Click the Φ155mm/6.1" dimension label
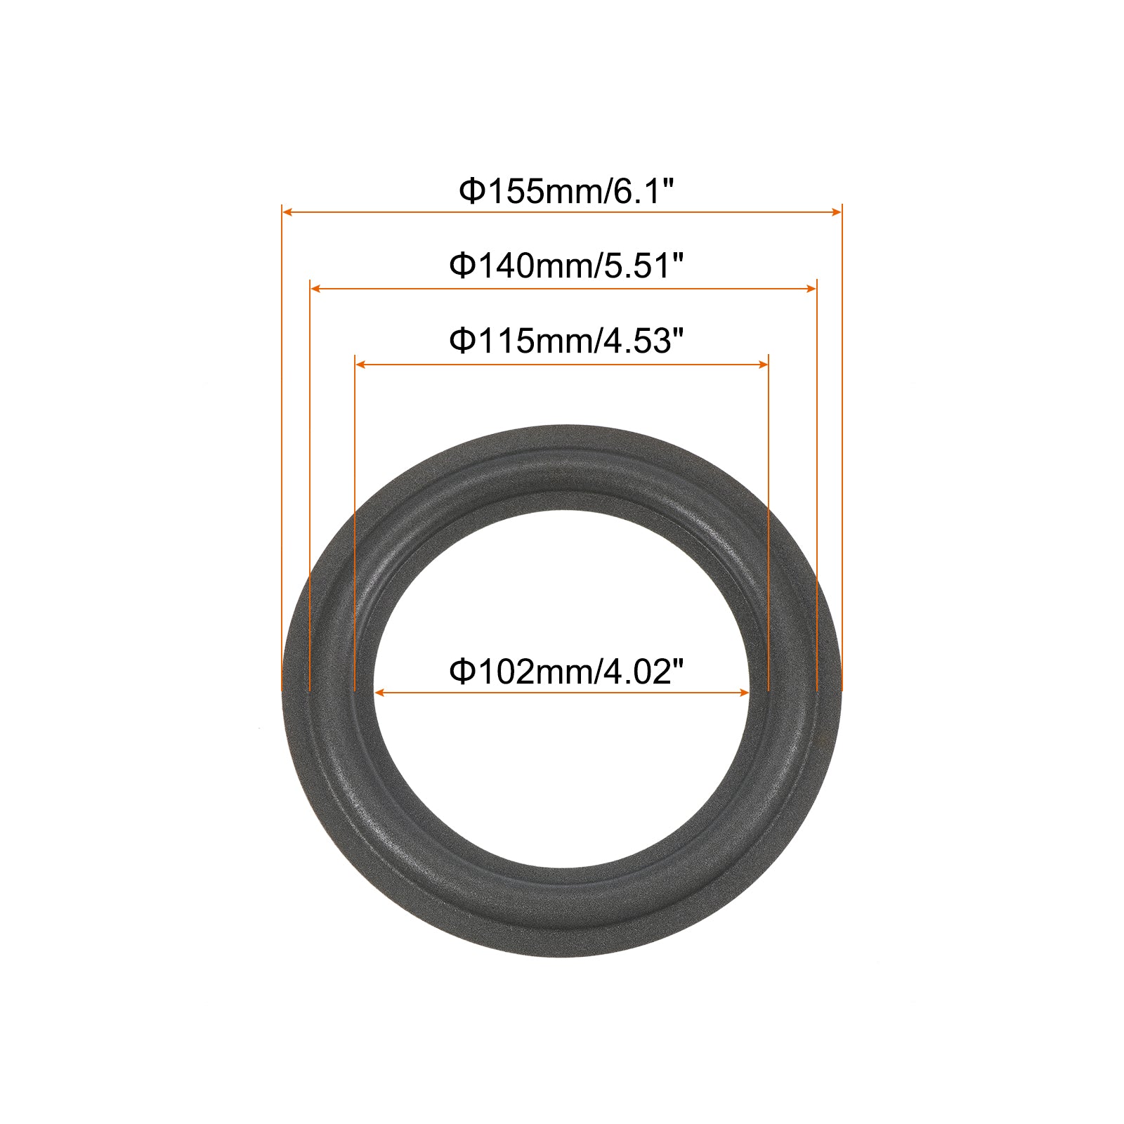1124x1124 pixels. pos(567,191)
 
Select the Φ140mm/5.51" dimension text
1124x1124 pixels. pos(567,266)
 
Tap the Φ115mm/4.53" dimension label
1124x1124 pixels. pos(567,341)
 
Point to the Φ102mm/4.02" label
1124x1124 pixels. pos(567,672)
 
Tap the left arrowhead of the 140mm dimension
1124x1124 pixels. pos(315,288)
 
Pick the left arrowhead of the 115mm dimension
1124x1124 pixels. pos(360,364)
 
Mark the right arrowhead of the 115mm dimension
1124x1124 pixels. pos(763,364)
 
